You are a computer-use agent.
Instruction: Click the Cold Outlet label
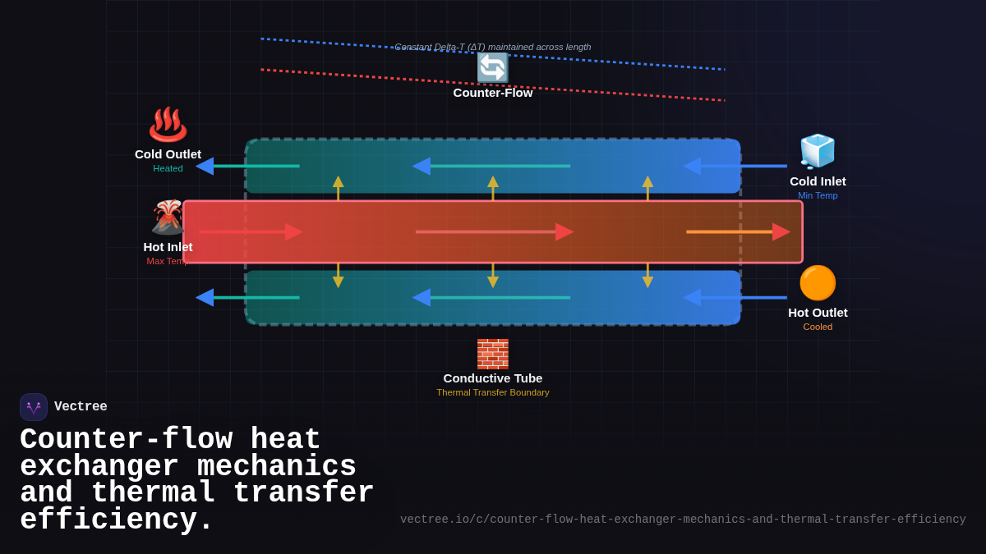(168, 154)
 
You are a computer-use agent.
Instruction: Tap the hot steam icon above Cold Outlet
(168, 124)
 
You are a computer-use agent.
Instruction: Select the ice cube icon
(818, 151)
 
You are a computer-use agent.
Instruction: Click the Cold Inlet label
(818, 181)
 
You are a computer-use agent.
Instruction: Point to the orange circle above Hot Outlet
(818, 283)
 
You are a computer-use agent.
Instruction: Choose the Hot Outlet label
(818, 313)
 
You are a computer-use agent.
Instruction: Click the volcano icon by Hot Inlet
(167, 217)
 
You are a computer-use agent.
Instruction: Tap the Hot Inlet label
(168, 247)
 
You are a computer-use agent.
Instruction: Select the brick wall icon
(493, 354)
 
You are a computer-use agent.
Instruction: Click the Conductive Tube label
(493, 378)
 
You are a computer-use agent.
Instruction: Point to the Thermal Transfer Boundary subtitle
(493, 392)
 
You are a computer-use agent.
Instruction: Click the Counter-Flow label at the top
(493, 93)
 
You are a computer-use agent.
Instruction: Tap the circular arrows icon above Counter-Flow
(493, 68)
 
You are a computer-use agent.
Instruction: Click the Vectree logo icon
(34, 407)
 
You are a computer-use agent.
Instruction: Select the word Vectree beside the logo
(81, 407)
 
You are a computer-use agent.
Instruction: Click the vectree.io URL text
(683, 520)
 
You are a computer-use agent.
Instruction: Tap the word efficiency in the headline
(116, 520)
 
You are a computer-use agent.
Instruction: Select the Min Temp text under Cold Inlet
(818, 195)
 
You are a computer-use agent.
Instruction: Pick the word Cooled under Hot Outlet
(818, 327)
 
